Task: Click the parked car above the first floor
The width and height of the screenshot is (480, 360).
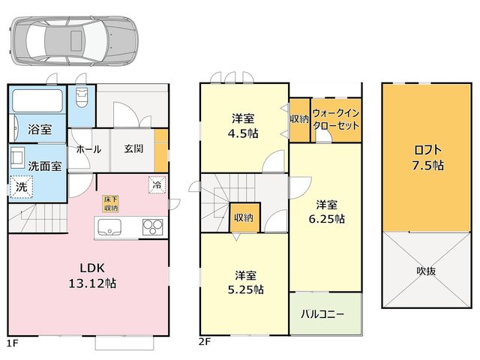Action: (73, 40)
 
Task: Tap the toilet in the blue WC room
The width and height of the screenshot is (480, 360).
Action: (81, 97)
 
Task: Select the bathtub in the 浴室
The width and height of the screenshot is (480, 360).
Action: (37, 100)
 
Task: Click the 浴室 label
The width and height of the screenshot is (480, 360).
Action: (40, 129)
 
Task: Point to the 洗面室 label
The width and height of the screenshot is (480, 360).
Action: (45, 166)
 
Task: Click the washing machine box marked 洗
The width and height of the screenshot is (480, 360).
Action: (21, 187)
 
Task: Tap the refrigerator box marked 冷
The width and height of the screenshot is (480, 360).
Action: (157, 184)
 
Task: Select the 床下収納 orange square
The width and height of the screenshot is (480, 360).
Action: (110, 204)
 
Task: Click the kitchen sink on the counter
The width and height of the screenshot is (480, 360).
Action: (109, 227)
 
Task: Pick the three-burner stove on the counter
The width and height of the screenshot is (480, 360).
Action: (153, 227)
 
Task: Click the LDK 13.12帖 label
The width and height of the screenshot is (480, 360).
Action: (92, 275)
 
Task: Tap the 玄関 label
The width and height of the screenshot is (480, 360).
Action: (133, 148)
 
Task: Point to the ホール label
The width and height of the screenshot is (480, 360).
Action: (88, 149)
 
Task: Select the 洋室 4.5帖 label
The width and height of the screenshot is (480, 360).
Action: (243, 126)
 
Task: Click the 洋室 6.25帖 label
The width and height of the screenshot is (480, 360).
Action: (327, 211)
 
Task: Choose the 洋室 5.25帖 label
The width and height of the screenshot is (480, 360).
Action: (246, 282)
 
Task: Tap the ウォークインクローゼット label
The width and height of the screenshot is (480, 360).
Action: (336, 119)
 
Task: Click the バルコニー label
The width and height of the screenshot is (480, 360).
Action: (322, 314)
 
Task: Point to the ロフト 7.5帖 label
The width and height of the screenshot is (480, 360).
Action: (427, 157)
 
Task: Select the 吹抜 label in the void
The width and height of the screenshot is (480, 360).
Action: (426, 271)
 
